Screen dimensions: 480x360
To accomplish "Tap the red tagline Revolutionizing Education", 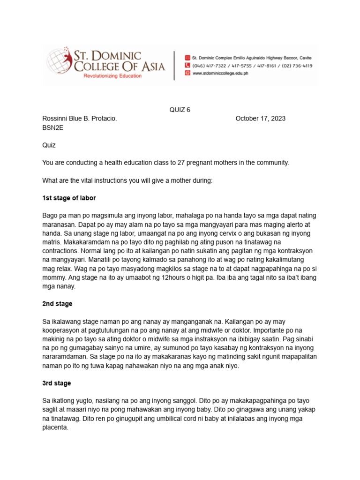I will (112, 75).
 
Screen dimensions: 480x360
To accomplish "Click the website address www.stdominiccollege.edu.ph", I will (220, 74).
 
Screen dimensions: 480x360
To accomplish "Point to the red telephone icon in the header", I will (187, 66).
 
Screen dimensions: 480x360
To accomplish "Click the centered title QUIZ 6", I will (180, 110).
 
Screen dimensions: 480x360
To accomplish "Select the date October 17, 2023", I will (260, 119).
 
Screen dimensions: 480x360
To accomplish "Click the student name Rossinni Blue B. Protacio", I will (79, 119).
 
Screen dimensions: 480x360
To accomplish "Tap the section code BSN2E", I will (52, 127).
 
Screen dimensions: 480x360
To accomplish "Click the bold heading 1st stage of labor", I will (69, 198).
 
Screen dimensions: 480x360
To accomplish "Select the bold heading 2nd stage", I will (57, 304).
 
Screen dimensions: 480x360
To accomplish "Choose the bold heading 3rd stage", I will (57, 383).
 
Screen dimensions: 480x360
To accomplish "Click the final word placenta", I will (55, 427).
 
